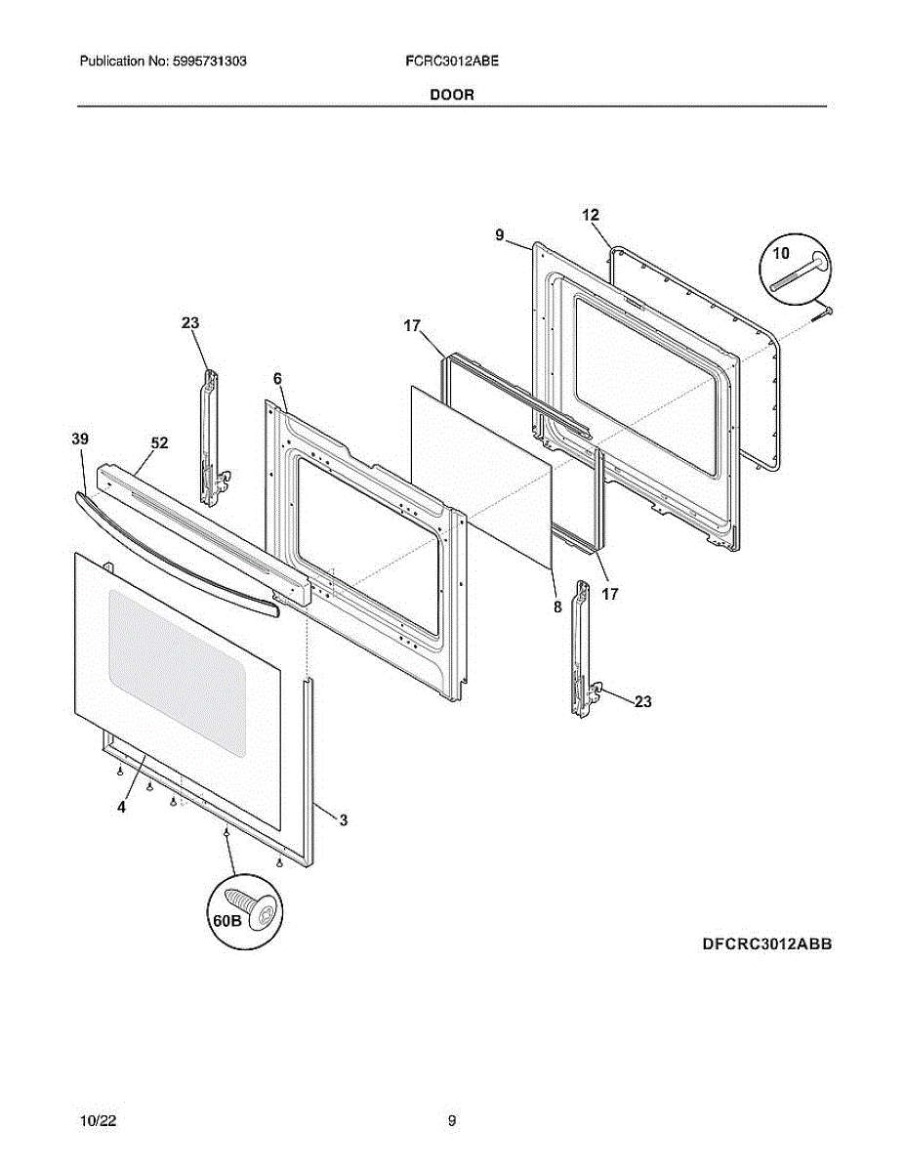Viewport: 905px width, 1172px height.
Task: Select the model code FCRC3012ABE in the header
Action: (x=452, y=61)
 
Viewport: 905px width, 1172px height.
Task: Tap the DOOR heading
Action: (x=452, y=95)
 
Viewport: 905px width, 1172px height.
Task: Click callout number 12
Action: (x=591, y=215)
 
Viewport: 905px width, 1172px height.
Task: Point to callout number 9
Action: (x=499, y=234)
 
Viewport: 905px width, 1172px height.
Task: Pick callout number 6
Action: (x=277, y=378)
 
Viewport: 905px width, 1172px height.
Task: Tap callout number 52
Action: (x=159, y=442)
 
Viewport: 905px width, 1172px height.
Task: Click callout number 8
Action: (x=557, y=607)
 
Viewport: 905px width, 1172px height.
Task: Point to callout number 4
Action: (x=121, y=808)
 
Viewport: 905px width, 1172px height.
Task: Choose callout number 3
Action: (x=344, y=820)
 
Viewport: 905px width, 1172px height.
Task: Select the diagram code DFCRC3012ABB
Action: (x=766, y=944)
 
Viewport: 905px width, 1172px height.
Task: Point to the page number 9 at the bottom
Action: (x=452, y=1121)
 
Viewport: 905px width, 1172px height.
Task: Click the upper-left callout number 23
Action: (x=189, y=323)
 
